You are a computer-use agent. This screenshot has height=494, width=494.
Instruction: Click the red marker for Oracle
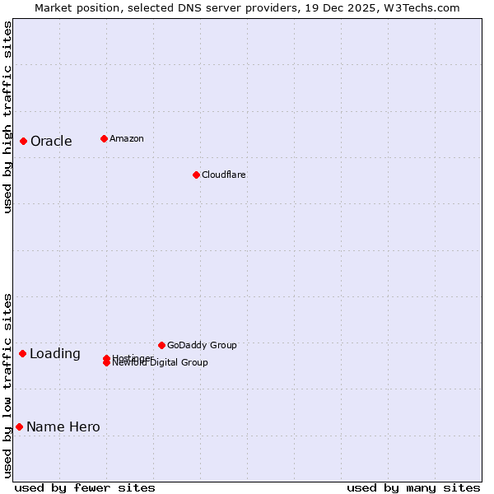pyautogui.click(x=24, y=141)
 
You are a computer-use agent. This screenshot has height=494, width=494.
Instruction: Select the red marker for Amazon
pyautogui.click(x=104, y=138)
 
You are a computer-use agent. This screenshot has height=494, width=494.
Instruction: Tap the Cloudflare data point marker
pyautogui.click(x=196, y=175)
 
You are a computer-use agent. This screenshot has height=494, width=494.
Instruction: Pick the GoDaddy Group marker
pyautogui.click(x=161, y=345)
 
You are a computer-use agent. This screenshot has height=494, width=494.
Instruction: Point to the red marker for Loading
pyautogui.click(x=23, y=353)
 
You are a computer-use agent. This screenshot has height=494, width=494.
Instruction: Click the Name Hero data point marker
pyautogui.click(x=19, y=426)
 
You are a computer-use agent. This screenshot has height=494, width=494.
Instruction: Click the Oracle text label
pyautogui.click(x=51, y=141)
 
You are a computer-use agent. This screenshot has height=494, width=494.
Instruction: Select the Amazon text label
pyautogui.click(x=126, y=138)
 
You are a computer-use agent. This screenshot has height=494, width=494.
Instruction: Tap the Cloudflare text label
pyautogui.click(x=223, y=175)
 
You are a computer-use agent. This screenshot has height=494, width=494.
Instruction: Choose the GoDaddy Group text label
pyautogui.click(x=202, y=345)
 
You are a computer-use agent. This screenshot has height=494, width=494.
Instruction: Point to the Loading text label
pyautogui.click(x=55, y=354)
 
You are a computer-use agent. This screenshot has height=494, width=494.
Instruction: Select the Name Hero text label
pyautogui.click(x=63, y=426)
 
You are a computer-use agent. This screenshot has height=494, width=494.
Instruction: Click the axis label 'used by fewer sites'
pyautogui.click(x=85, y=487)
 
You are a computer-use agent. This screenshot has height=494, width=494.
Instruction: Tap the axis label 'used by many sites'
pyautogui.click(x=413, y=487)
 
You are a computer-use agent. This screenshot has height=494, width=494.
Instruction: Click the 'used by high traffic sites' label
pyautogui.click(x=7, y=117)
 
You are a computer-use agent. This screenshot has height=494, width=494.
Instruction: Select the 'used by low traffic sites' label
pyautogui.click(x=7, y=384)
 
